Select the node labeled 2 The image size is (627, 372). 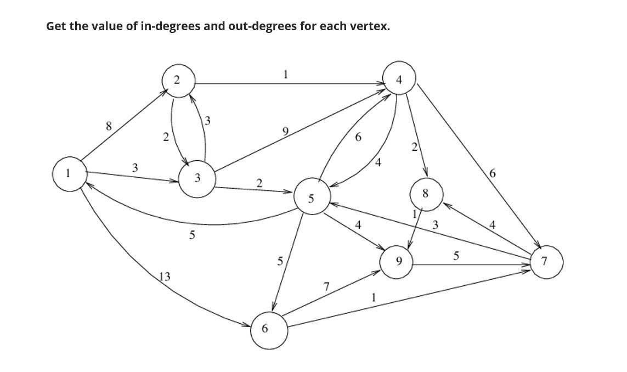coord(177,80)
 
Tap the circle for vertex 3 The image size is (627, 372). coord(197,178)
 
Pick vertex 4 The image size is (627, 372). coord(399,80)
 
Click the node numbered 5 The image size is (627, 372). coord(312,198)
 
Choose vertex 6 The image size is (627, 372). coord(269,330)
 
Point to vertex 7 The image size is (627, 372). coord(545,262)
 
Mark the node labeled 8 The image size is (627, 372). coord(425,194)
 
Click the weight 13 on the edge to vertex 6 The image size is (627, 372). coord(164,277)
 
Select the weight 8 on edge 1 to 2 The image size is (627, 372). coord(109,126)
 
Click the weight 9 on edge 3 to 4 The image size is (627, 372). coord(285,131)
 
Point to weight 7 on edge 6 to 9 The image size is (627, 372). coord(326,286)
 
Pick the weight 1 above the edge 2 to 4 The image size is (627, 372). coord(285,74)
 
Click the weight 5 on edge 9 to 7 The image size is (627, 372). coord(456,255)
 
